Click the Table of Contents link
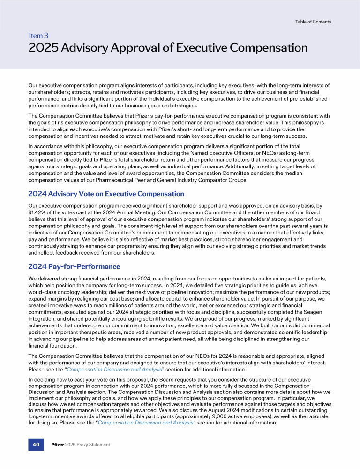pyautogui.click(x=313, y=22)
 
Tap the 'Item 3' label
pyautogui.click(x=38, y=35)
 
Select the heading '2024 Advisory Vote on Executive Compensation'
pyautogui.click(x=106, y=194)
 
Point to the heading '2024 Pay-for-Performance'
pyautogui.click(x=74, y=266)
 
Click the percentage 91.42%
pyautogui.click(x=39, y=212)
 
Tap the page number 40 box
pyautogui.click(x=36, y=444)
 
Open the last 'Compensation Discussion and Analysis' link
pyautogui.click(x=146, y=422)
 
